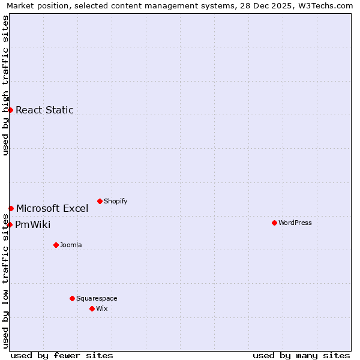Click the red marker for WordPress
(x=274, y=223)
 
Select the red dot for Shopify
(x=100, y=201)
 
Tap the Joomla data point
(x=56, y=245)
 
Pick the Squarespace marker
(x=72, y=298)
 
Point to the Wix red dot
(x=92, y=308)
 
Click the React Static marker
(x=10, y=110)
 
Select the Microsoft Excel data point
(x=11, y=208)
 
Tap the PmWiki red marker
(x=10, y=224)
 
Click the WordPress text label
(x=295, y=223)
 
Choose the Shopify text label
(x=115, y=201)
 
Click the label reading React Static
(x=44, y=110)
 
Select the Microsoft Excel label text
(x=52, y=208)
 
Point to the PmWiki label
(x=33, y=225)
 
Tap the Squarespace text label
(x=97, y=298)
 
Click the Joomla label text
(x=71, y=245)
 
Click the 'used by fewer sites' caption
(x=62, y=355)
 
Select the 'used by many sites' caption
(x=301, y=355)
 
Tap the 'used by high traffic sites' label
(x=5, y=85)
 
